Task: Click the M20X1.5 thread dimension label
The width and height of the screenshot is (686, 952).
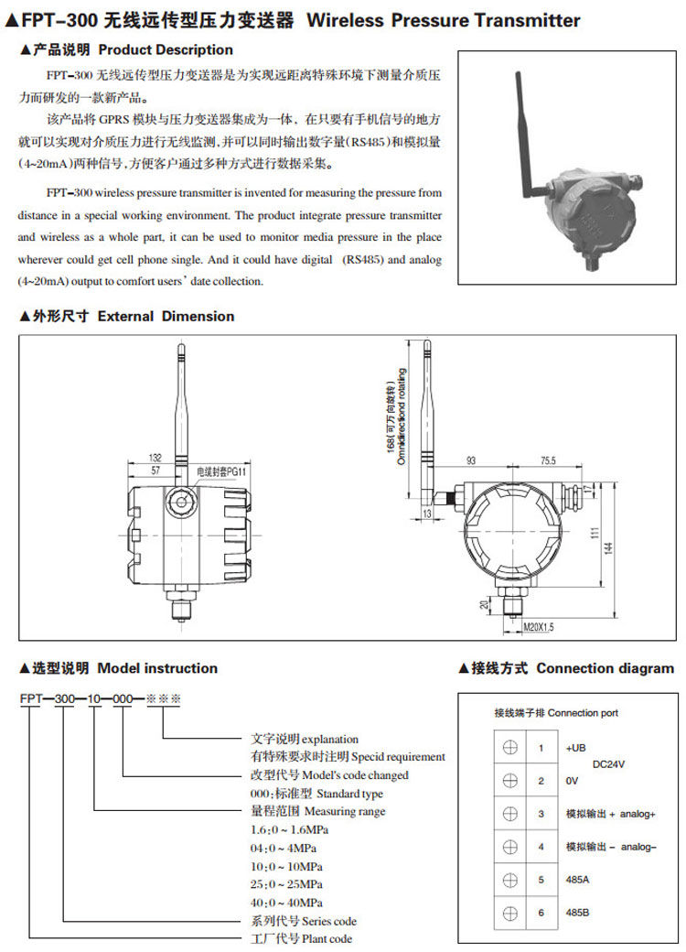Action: coord(538,627)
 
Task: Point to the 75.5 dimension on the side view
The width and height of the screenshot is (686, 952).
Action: coord(549,459)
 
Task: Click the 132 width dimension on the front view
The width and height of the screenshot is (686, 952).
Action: coord(155,457)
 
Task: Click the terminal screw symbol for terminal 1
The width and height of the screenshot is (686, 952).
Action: coord(509,747)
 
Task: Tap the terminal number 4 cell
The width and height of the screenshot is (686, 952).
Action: coord(541,847)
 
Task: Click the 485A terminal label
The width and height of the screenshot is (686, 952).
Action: coord(578,880)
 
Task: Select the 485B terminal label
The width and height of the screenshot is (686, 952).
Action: coord(578,913)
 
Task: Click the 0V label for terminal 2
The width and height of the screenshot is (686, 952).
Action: coord(573,781)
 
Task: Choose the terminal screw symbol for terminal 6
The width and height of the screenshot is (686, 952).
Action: coord(509,913)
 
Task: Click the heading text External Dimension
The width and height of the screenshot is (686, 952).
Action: coord(166,316)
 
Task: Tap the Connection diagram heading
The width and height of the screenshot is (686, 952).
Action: coord(605,668)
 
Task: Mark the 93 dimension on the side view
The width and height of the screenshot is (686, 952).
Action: coord(472,459)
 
